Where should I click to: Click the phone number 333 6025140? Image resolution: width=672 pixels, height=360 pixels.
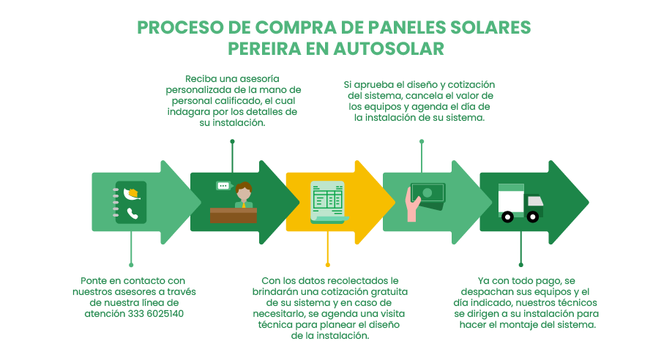click(x=156, y=314)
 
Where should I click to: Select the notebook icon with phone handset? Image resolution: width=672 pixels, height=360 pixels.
click(x=130, y=202)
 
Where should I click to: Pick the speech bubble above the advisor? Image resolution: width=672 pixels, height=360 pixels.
click(x=223, y=186)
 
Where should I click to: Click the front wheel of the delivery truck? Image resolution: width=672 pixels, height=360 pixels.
click(x=533, y=217)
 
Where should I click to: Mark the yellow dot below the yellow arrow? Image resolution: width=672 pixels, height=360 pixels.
click(x=327, y=264)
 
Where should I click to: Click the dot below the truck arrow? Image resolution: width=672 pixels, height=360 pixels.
click(x=520, y=264)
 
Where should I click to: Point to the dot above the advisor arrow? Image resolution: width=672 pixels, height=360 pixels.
click(x=232, y=141)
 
